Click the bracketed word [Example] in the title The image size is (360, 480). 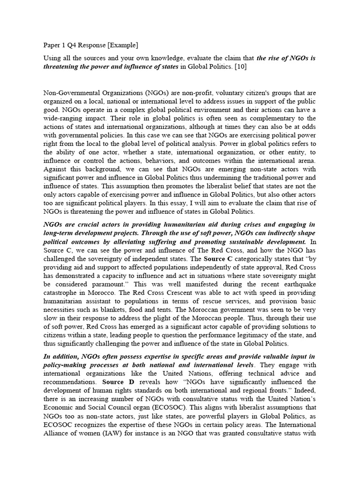coord(121,45)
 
